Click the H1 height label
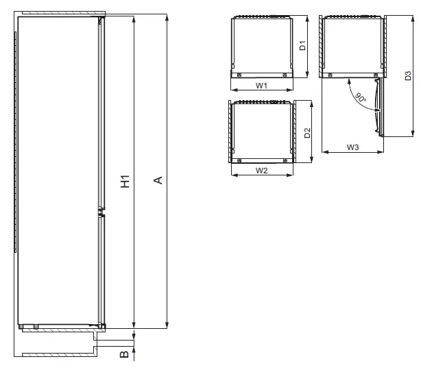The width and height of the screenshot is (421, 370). (125, 182)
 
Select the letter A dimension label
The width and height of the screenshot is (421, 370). (157, 180)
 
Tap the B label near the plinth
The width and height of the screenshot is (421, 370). (124, 354)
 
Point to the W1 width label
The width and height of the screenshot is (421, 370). (261, 86)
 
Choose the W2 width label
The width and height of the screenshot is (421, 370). (261, 170)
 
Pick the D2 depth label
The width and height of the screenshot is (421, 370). (308, 132)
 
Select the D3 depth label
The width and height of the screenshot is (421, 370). (407, 77)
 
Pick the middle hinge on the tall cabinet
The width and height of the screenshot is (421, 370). (101, 212)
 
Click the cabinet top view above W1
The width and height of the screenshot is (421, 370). (262, 46)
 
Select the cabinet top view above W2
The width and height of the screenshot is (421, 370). (262, 131)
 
